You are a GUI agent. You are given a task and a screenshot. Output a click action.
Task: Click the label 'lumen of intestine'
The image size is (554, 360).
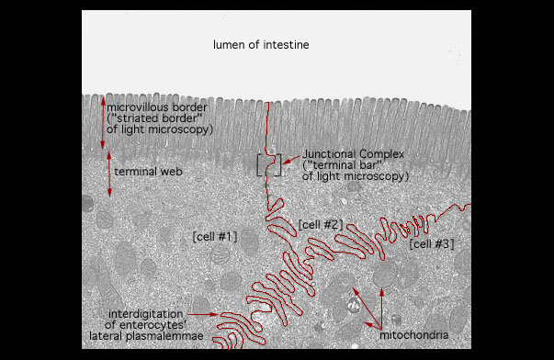pyautogui.click(x=261, y=45)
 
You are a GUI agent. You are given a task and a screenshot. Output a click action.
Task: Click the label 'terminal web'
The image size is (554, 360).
pyautogui.click(x=148, y=172)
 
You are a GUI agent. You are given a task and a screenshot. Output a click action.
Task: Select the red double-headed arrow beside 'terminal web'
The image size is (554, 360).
pyautogui.click(x=109, y=174)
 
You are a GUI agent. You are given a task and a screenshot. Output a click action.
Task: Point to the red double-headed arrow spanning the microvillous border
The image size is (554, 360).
pyautogui.click(x=103, y=122)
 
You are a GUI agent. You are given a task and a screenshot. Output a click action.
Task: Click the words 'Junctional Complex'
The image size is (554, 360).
pyautogui.click(x=353, y=154)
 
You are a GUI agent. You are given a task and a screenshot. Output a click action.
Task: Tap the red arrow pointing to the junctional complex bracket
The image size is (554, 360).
pyautogui.click(x=290, y=160)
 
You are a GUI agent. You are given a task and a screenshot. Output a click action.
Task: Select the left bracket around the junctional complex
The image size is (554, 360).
pyautogui.click(x=259, y=164)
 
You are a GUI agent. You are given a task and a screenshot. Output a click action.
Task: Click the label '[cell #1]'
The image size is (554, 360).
pyautogui.click(x=215, y=236)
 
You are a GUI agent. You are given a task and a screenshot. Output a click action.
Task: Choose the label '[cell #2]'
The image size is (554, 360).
pyautogui.click(x=321, y=225)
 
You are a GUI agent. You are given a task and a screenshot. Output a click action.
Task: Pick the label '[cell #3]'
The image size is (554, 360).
pyautogui.click(x=432, y=243)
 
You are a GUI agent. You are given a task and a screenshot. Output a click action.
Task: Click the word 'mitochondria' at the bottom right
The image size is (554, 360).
pyautogui.click(x=413, y=335)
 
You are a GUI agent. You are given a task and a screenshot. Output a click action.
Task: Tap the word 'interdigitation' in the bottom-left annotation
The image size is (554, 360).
pyautogui.click(x=145, y=314)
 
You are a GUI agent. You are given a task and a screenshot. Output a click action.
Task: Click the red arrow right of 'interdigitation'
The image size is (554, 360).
pyautogui.click(x=202, y=314)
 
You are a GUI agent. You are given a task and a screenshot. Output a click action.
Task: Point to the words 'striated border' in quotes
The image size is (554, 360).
pyautogui.click(x=150, y=118)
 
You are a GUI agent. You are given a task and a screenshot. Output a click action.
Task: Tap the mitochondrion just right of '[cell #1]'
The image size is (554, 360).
pyautogui.click(x=250, y=242)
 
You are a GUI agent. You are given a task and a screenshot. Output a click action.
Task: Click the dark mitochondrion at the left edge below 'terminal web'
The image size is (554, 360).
pyautogui.click(x=87, y=204)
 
